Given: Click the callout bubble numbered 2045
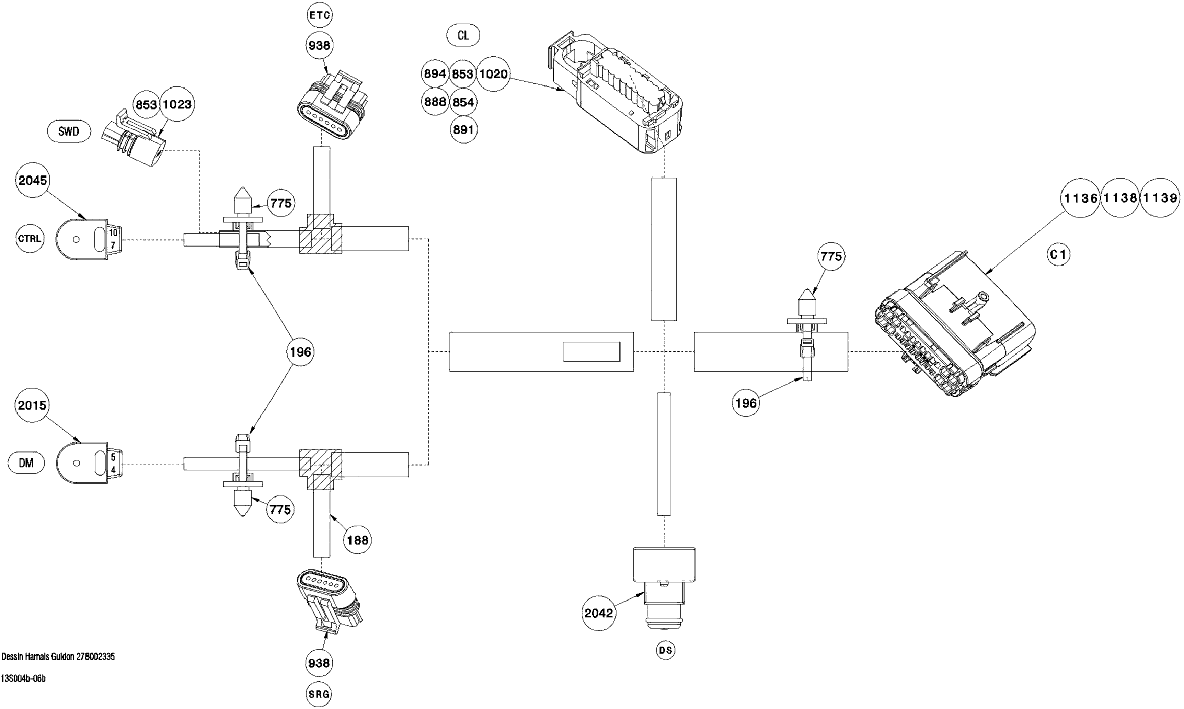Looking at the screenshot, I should pyautogui.click(x=33, y=180).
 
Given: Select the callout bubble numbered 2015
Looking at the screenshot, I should pyautogui.click(x=32, y=405).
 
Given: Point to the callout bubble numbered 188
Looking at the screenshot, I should pyautogui.click(x=357, y=540).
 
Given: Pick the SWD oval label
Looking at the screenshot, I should pyautogui.click(x=69, y=131).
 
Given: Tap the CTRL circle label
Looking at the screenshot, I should pyautogui.click(x=30, y=238).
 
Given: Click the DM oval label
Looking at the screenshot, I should pyautogui.click(x=26, y=463).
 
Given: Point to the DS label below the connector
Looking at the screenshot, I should pyautogui.click(x=665, y=650).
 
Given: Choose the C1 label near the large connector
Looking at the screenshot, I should pyautogui.click(x=1058, y=255).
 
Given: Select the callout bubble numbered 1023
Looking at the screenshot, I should pyautogui.click(x=177, y=104).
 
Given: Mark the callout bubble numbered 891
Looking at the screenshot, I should pyautogui.click(x=463, y=129).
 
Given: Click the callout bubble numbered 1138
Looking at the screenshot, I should pyautogui.click(x=1120, y=197).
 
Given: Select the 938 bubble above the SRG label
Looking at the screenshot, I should pyautogui.click(x=319, y=663).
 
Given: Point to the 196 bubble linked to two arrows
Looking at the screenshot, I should pyautogui.click(x=300, y=352).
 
